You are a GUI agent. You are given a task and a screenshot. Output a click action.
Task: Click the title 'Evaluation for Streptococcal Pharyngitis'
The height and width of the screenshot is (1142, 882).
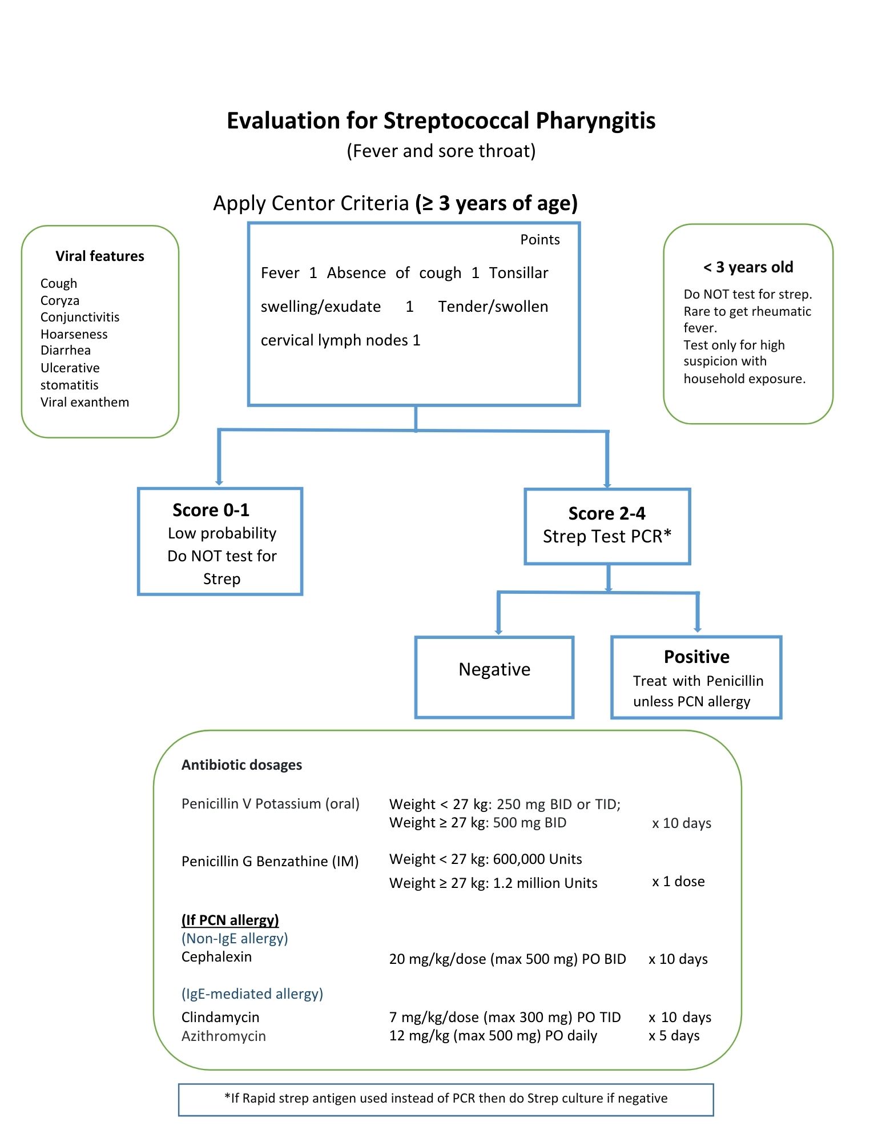click(x=441, y=121)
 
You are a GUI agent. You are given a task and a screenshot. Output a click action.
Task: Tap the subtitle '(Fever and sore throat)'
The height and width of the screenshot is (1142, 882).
click(x=441, y=151)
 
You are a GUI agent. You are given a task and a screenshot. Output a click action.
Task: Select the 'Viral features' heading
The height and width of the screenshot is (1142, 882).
click(x=100, y=256)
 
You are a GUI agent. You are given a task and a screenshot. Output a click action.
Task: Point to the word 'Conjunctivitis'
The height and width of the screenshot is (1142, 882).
click(x=80, y=317)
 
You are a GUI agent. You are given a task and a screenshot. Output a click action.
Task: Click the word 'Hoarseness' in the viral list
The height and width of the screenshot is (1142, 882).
click(x=74, y=334)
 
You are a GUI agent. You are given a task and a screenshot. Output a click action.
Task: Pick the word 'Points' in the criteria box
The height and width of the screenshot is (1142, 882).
click(x=540, y=240)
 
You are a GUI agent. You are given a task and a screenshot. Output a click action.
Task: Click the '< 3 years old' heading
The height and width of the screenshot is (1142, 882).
click(x=748, y=267)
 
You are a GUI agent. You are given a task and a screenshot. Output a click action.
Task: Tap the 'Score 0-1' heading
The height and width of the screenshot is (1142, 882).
click(x=211, y=510)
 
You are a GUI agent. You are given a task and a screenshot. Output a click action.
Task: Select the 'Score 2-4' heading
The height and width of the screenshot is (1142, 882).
click(x=607, y=513)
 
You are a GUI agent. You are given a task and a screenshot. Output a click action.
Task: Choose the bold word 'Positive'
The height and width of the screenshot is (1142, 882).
click(x=696, y=657)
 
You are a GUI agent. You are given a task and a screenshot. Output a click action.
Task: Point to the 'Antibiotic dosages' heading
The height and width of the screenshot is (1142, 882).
click(x=241, y=765)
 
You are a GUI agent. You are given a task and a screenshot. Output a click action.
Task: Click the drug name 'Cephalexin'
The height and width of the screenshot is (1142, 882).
click(x=216, y=957)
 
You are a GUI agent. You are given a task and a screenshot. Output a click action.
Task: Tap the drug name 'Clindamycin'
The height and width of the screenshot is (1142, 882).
click(x=220, y=1018)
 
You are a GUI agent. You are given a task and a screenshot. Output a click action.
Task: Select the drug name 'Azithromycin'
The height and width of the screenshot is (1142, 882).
click(x=224, y=1036)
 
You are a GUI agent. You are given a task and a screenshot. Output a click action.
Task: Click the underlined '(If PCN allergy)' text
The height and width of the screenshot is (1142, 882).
click(x=230, y=920)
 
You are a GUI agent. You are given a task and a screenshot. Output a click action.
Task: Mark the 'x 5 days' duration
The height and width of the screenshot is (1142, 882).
click(x=674, y=1036)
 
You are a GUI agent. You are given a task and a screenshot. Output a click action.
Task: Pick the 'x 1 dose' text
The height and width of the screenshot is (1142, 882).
click(x=678, y=882)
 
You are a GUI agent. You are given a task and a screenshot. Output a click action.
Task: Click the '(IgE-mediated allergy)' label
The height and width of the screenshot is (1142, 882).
click(x=252, y=994)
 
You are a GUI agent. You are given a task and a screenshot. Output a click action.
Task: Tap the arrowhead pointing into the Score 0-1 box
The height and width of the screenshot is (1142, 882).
click(x=219, y=482)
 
